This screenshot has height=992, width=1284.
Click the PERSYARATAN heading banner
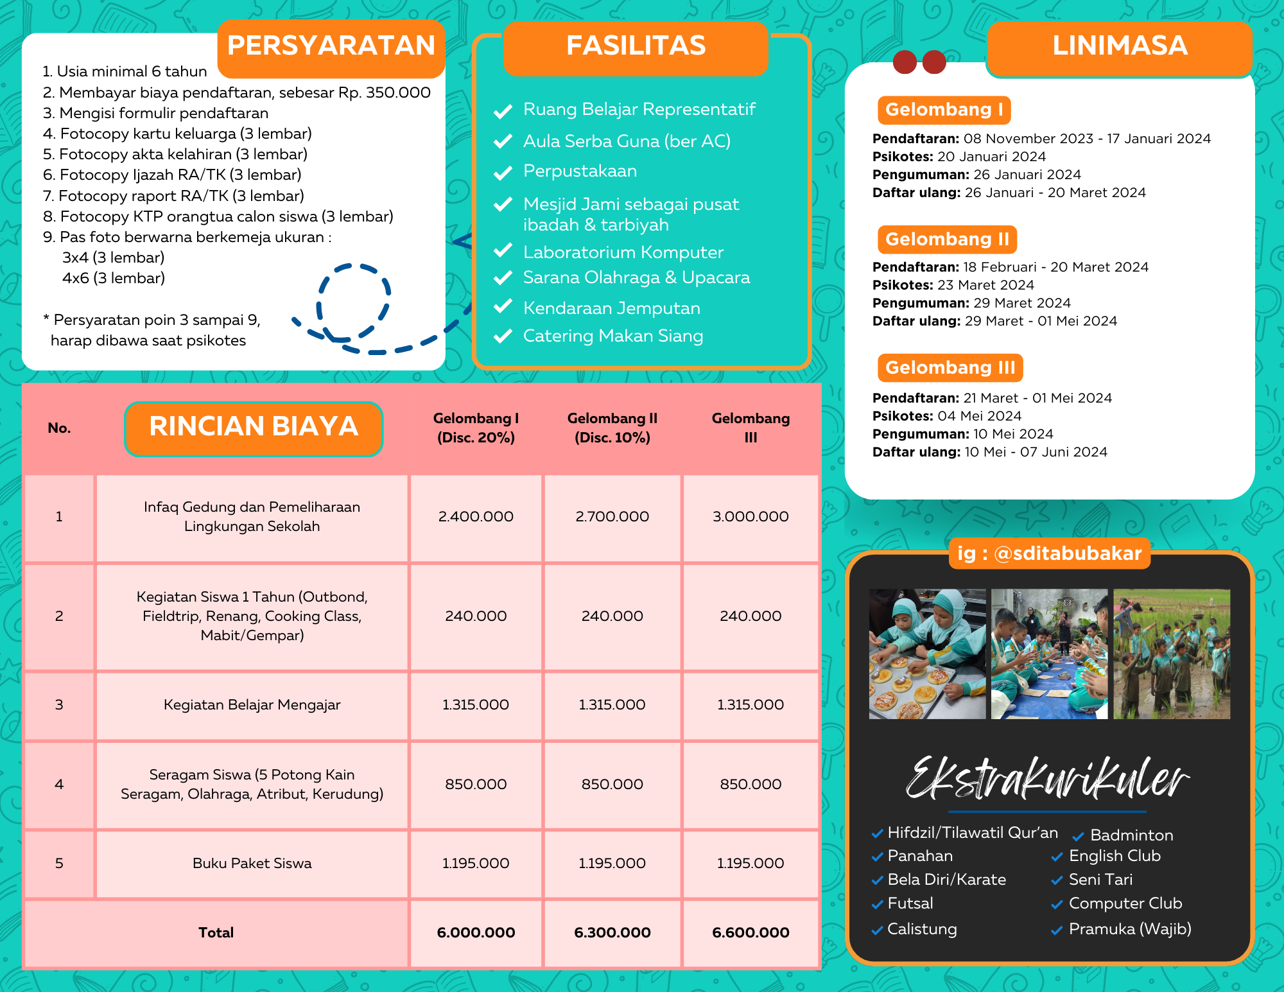tap(331, 46)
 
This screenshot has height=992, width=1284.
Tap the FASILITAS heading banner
tap(636, 46)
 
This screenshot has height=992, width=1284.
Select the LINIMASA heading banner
tap(1120, 46)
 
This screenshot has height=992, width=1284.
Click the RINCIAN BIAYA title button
tap(254, 428)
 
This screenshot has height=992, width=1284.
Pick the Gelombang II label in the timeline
tap(947, 239)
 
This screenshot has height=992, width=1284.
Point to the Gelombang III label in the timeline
tap(950, 368)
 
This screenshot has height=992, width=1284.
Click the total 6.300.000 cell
tap(612, 932)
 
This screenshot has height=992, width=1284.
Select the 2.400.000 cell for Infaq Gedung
tap(476, 517)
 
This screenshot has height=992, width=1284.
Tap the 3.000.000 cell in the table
tap(750, 517)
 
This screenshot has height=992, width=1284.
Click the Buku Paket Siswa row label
tap(252, 864)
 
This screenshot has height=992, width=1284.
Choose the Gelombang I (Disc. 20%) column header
tap(476, 428)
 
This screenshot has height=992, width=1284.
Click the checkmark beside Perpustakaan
tap(503, 173)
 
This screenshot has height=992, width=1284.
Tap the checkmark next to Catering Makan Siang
tap(503, 336)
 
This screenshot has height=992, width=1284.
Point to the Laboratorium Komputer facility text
tap(623, 252)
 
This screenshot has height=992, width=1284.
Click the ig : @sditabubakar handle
tap(1049, 553)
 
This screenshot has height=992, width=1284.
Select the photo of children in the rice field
tap(1172, 654)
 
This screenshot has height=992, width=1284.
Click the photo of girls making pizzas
tap(927, 654)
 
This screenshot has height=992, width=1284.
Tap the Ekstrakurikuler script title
tap(1046, 779)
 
